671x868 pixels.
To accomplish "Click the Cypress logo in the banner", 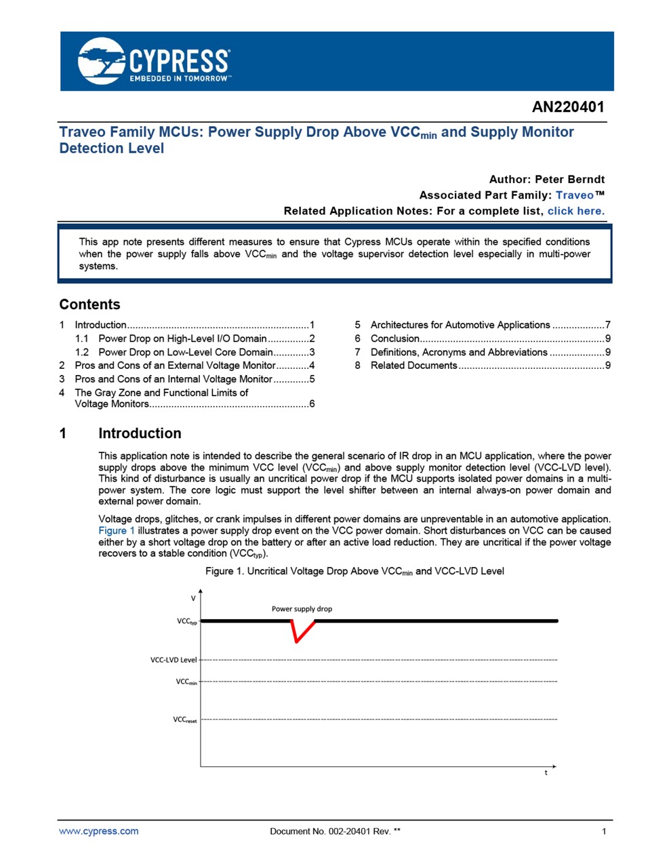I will coord(155,61).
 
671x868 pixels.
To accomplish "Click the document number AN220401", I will coord(567,107).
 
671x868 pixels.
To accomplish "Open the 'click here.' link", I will coord(575,211).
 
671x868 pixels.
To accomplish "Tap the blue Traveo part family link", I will coord(574,195).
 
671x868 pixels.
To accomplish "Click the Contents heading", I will coord(89,304).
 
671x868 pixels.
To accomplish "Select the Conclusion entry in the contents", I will coord(395,338).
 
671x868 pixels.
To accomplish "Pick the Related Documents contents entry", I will coord(413,366).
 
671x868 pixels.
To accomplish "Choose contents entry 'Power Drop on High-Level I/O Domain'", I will coord(182,338).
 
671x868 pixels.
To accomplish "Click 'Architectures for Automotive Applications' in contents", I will coord(460,325).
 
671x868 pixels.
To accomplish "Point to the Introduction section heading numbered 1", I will coord(140,433).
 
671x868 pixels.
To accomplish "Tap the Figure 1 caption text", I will coord(354,571).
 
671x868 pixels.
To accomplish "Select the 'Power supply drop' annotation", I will coord(302,609).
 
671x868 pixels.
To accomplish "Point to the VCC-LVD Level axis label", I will coord(174,660).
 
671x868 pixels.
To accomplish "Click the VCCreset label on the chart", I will coord(184,719).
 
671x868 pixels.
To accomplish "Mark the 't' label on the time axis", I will coord(546,772).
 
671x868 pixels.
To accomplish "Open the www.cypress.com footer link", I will coord(99,831).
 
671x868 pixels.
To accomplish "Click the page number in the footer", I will coord(604,831).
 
